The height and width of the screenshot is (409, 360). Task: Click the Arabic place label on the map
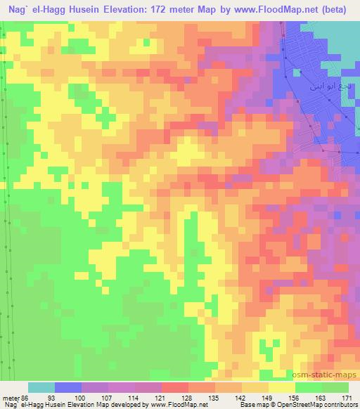[x=325, y=89]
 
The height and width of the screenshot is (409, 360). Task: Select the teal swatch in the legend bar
[x=41, y=387]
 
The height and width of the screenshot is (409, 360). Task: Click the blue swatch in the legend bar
[x=68, y=387]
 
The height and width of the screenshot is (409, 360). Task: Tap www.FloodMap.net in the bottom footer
[x=169, y=405]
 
